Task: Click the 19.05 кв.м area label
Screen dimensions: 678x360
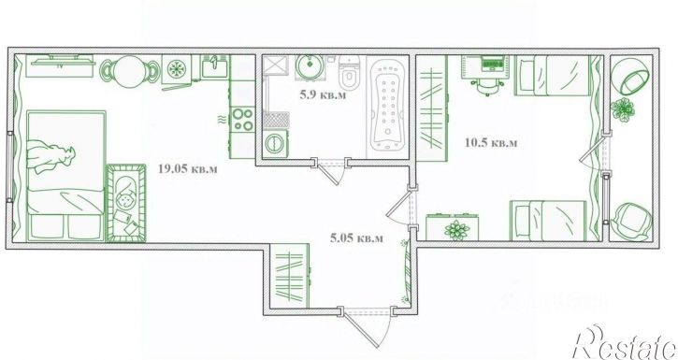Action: [x=188, y=168]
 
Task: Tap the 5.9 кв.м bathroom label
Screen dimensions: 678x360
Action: [x=323, y=95]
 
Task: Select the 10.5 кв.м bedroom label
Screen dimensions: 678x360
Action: [x=491, y=142]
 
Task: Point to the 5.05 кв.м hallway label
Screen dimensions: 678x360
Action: [x=356, y=238]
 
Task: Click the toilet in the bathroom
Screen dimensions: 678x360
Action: [x=349, y=73]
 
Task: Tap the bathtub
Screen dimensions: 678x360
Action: [x=388, y=105]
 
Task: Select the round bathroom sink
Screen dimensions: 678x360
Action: [x=309, y=66]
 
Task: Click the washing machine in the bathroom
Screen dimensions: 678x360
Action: [x=276, y=143]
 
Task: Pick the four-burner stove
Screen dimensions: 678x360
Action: [x=242, y=120]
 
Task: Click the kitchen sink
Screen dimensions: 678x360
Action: [x=214, y=66]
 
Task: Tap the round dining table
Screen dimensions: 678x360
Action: [x=130, y=70]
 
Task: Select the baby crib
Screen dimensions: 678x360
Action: [x=126, y=202]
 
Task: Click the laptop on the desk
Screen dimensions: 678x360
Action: [x=490, y=64]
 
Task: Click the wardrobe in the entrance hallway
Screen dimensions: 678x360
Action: [x=290, y=276]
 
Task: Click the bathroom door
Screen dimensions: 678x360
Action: [x=331, y=172]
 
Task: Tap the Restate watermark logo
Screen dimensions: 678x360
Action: [x=624, y=343]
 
